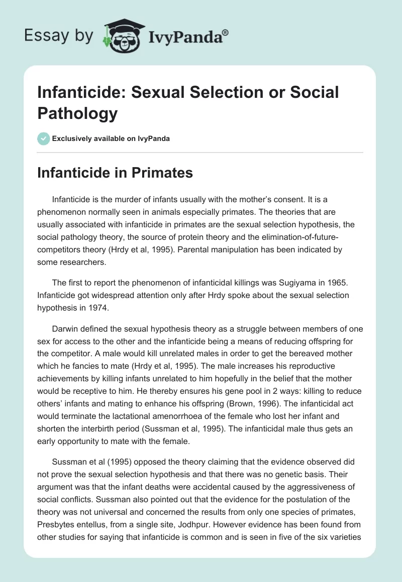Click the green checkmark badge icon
[x=44, y=138]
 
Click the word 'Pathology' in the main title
[x=78, y=113]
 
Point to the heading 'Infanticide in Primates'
[x=116, y=173]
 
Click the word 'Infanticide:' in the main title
[x=87, y=92]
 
